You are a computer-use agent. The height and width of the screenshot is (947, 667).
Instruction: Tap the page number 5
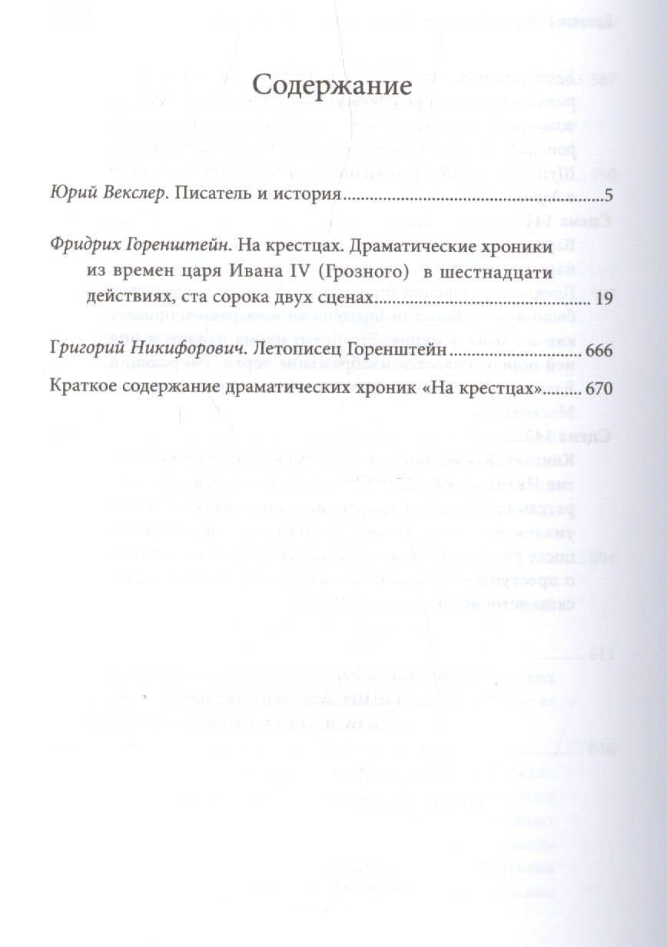click(x=608, y=196)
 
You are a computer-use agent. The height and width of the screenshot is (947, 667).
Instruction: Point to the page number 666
click(x=598, y=351)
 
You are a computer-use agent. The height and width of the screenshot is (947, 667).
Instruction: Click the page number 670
click(x=598, y=389)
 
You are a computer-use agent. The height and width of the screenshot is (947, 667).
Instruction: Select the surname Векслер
click(x=130, y=195)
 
